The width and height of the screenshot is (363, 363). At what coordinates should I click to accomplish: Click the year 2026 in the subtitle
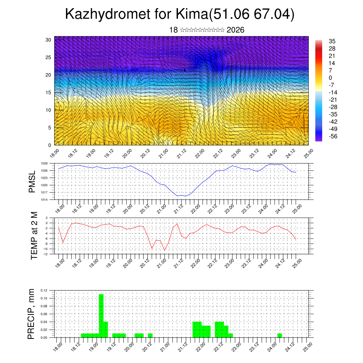[235, 30]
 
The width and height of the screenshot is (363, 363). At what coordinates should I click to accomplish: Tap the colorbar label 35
[332, 41]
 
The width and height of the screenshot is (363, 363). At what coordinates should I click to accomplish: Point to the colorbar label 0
[330, 78]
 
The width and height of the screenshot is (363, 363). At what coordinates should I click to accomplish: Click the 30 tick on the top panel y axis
[48, 40]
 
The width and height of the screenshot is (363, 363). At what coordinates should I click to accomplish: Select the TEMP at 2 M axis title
[34, 236]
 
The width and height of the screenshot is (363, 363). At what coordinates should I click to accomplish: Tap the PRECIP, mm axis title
[32, 314]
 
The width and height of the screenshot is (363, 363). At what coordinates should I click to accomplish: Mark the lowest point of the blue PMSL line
[185, 196]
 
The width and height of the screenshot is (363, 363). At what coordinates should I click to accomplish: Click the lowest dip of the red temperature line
[164, 250]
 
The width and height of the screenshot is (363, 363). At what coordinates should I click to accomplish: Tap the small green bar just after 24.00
[280, 335]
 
